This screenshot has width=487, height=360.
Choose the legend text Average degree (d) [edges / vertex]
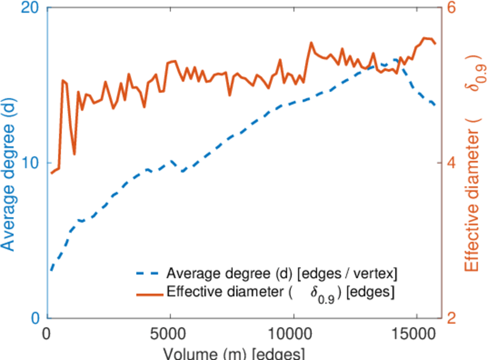pyautogui.click(x=282, y=274)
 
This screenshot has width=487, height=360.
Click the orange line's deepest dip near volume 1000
pyautogui.click(x=74, y=154)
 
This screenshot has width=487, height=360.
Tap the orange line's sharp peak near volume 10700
pyautogui.click(x=311, y=43)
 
